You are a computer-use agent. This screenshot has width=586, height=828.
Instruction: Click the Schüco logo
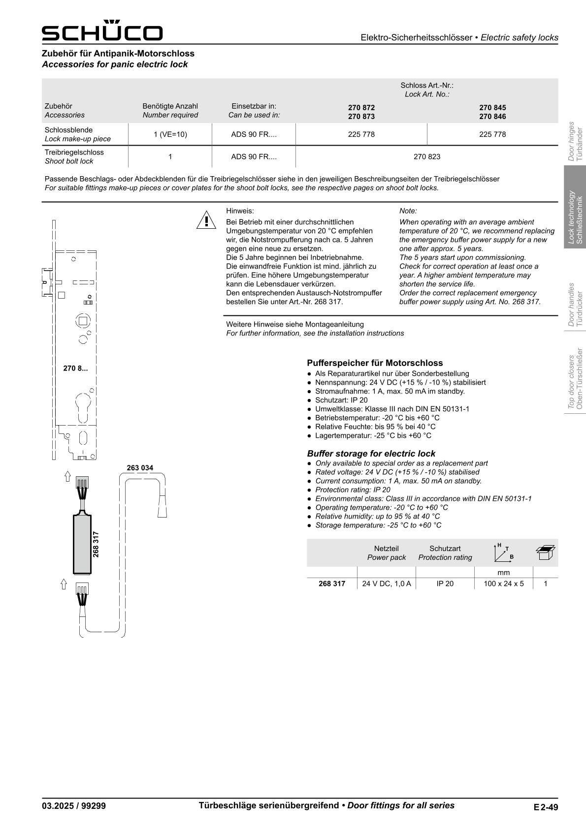102,31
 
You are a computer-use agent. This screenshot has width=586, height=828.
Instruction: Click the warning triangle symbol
207,220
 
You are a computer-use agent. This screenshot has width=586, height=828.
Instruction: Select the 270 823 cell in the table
427,157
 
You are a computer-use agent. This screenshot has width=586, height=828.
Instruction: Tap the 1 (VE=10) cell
170,134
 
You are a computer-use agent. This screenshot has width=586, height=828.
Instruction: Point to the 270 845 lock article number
492,108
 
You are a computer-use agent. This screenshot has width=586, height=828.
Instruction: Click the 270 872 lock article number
361,108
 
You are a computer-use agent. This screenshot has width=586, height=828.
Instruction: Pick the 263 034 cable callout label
140,468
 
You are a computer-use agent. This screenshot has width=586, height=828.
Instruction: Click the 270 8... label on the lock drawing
75,368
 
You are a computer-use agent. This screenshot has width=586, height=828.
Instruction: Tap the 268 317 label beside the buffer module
96,544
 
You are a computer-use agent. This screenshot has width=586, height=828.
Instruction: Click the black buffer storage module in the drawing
82,544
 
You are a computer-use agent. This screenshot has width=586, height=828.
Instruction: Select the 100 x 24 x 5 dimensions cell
503,584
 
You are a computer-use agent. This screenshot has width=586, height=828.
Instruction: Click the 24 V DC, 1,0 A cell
386,584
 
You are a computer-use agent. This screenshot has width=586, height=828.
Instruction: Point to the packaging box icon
545,552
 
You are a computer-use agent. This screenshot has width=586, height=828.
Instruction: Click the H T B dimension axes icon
503,552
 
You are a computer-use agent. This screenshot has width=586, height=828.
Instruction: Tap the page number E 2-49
545,807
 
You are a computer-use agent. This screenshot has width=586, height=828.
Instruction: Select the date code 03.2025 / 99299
74,806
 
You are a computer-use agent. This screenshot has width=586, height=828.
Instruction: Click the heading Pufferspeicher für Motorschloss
375,363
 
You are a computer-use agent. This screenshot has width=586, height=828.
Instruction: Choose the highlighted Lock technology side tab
575,217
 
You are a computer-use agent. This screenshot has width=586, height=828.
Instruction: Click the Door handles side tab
575,305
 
